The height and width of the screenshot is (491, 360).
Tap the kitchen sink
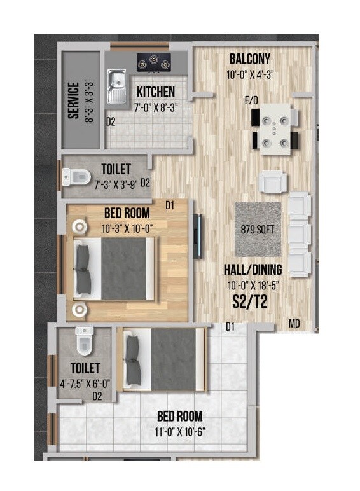tap(118, 87)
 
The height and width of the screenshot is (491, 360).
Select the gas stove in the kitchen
tap(155, 62)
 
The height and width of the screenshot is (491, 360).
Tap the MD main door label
tap(294, 324)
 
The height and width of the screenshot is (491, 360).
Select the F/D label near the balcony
tap(251, 100)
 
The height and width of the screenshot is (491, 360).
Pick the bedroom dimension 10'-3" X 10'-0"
tap(127, 226)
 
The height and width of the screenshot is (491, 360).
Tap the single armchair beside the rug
tap(271, 183)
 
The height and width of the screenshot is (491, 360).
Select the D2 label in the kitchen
tap(111, 121)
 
